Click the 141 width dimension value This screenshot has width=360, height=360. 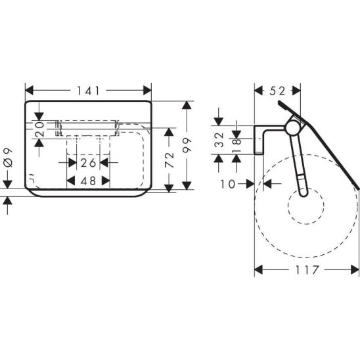click(88, 91)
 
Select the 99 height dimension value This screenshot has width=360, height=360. click(187, 145)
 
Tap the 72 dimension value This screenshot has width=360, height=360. click(169, 160)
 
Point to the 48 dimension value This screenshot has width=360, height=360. click(88, 181)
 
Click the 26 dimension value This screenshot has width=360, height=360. click(88, 163)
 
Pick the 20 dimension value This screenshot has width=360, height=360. click(39, 129)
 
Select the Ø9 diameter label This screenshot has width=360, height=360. click(8, 158)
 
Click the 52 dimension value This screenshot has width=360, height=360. click(277, 91)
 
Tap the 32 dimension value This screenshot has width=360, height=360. click(219, 140)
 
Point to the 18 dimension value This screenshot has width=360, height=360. click(236, 145)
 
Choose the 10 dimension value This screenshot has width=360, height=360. click(228, 184)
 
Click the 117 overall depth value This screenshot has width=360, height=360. click(307, 270)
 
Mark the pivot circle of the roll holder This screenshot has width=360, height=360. click(293, 127)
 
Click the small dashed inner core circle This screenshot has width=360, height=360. click(306, 206)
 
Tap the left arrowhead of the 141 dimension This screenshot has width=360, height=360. click(29, 90)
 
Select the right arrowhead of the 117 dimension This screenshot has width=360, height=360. click(355, 269)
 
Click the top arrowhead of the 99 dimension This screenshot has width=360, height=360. click(187, 105)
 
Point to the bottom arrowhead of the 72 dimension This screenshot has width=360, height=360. click(169, 189)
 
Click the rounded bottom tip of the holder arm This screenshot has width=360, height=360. click(304, 194)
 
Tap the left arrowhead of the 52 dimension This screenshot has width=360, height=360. click(259, 91)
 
